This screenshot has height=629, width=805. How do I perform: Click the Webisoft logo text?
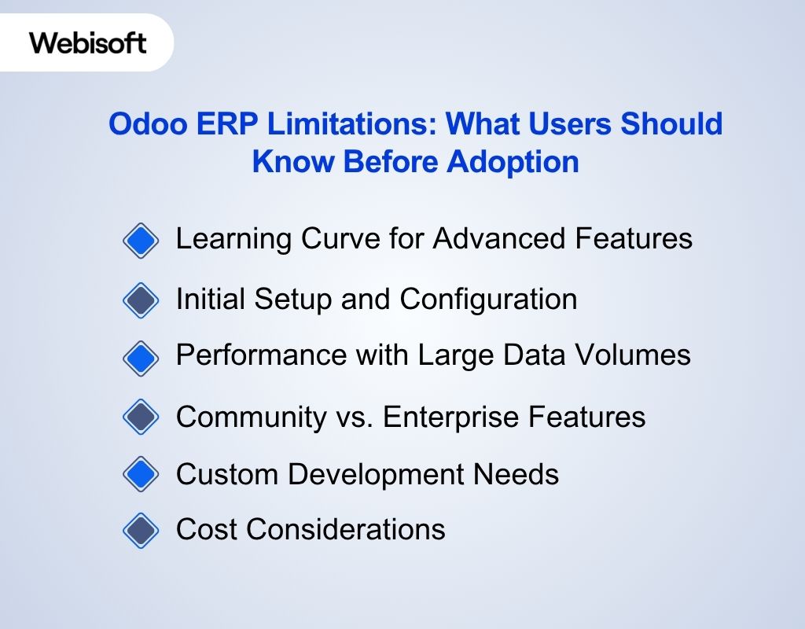coord(88,42)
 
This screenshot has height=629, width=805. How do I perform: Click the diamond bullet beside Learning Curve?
coord(141,240)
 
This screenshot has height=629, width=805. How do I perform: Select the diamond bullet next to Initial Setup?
coord(141,300)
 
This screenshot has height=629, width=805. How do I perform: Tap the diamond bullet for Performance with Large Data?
coord(141,356)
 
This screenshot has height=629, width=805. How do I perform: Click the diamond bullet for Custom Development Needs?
coord(141,475)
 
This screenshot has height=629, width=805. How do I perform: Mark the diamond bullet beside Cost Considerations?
coord(141,530)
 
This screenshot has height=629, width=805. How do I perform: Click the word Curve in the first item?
coord(332,238)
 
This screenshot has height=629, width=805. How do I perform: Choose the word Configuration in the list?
coord(488,299)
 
